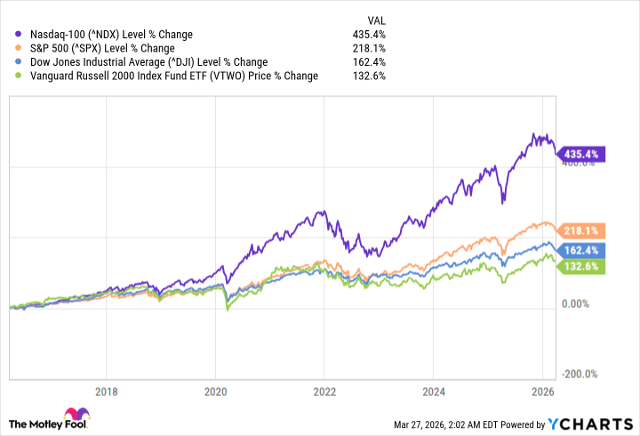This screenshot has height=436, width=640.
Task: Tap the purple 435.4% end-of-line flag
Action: click(x=580, y=154)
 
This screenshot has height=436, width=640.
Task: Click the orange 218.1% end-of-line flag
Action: click(x=580, y=230)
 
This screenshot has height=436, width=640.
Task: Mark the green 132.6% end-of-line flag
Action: click(x=580, y=266)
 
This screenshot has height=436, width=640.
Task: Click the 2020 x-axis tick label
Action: click(x=215, y=391)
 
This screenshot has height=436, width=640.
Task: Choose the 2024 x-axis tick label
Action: click(x=433, y=391)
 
